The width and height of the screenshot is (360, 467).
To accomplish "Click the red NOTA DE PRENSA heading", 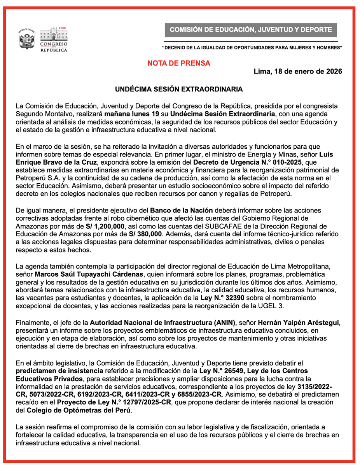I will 179,63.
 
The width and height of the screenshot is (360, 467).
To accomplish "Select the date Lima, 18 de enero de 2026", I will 298,72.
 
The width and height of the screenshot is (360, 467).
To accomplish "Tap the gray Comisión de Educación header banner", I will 251,30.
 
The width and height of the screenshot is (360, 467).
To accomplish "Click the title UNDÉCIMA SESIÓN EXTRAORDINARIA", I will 179,90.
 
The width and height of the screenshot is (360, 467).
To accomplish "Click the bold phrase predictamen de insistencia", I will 59,370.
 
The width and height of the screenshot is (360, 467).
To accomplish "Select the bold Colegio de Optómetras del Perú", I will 79,410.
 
